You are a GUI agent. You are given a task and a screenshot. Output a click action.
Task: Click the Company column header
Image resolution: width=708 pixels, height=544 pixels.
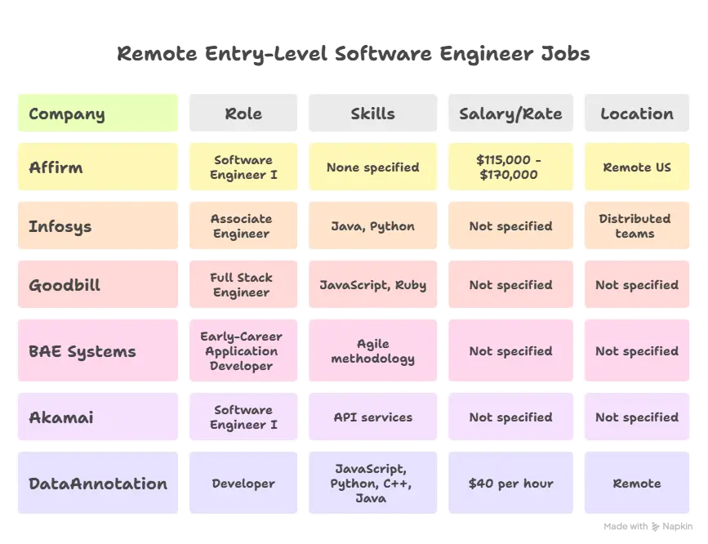point(97,114)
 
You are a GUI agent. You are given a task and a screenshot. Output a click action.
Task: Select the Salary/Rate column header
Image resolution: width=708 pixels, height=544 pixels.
point(510,114)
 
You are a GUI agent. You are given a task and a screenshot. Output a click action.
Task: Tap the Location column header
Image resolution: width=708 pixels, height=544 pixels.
point(637,114)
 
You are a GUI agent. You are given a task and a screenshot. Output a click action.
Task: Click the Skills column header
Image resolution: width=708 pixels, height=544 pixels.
point(372,114)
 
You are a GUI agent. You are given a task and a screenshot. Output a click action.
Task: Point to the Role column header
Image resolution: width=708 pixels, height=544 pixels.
point(243,114)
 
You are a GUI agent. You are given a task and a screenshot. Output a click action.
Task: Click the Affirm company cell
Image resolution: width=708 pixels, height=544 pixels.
point(97,167)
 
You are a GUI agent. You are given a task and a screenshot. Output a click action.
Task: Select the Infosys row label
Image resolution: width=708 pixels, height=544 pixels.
point(97,226)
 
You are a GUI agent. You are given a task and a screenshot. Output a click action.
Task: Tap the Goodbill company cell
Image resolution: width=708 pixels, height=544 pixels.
point(97,285)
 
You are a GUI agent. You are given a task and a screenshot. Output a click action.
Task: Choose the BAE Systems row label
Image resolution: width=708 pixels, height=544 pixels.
point(97,351)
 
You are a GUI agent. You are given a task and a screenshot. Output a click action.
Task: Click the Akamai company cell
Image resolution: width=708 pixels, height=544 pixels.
point(97,417)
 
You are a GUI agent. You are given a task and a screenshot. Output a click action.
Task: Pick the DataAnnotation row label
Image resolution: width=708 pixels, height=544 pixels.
point(97,484)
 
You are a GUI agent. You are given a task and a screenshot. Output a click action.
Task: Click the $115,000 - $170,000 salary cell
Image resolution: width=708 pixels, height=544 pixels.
point(510,167)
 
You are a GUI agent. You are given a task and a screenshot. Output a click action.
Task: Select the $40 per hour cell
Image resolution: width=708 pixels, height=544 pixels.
point(510,484)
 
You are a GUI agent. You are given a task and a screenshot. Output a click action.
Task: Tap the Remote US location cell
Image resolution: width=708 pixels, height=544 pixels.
point(637,167)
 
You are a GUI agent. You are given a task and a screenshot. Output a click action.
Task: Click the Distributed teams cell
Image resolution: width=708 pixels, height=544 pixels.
point(637,226)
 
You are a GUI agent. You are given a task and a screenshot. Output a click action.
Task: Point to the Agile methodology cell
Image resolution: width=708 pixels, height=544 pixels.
point(372,351)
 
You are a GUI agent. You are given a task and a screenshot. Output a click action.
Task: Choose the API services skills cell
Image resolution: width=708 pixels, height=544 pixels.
point(372,417)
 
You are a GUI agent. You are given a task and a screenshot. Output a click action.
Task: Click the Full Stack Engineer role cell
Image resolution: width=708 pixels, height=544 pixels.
point(243,285)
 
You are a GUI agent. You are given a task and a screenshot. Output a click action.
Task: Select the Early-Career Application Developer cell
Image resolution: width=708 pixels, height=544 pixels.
point(243,351)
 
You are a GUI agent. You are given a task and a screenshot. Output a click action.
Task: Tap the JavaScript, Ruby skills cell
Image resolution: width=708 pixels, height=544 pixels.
point(372,285)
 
